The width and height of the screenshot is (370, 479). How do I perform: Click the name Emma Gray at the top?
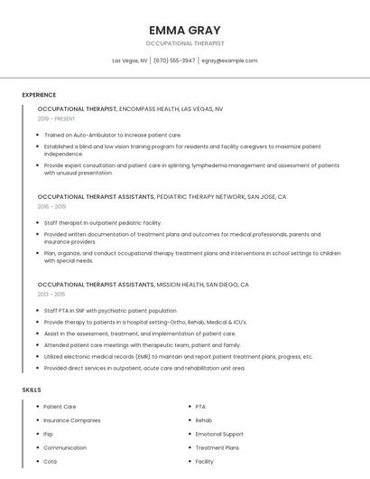tap(185, 30)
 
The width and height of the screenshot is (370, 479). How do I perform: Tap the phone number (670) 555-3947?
tap(174, 61)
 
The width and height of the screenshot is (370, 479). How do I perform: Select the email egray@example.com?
tap(229, 61)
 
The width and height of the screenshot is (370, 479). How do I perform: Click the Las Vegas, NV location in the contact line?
tap(130, 61)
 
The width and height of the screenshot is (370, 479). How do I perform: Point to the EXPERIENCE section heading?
tap(39, 95)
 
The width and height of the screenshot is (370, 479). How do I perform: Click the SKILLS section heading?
tap(32, 390)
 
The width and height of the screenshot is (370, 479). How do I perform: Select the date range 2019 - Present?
tap(57, 118)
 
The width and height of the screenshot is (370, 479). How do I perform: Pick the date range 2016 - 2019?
tap(51, 206)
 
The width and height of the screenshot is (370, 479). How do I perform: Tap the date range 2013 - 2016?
tap(51, 294)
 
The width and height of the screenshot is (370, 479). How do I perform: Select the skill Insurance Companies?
tap(72, 420)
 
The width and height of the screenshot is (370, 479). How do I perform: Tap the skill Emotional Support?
tap(219, 434)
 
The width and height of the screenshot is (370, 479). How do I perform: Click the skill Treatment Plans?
tap(217, 447)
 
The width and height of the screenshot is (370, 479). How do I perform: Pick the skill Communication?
tap(65, 447)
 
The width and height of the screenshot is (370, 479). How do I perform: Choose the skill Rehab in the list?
tap(204, 420)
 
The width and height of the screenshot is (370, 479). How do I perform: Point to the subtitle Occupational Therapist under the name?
tap(185, 43)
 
